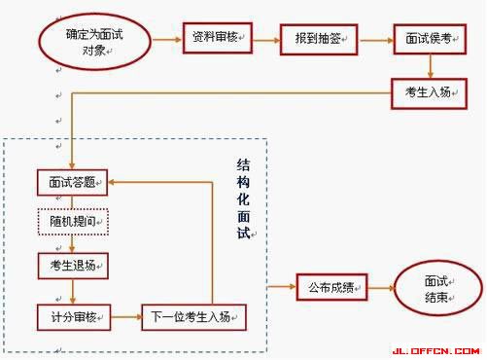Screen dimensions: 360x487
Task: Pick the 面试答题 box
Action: [x=71, y=181]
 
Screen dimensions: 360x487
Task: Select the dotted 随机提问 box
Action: [x=71, y=222]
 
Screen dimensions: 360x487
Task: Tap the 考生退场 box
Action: [x=71, y=265]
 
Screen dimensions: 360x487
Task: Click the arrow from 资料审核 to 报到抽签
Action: [x=268, y=39]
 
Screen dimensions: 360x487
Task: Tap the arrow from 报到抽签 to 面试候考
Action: [x=376, y=39]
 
